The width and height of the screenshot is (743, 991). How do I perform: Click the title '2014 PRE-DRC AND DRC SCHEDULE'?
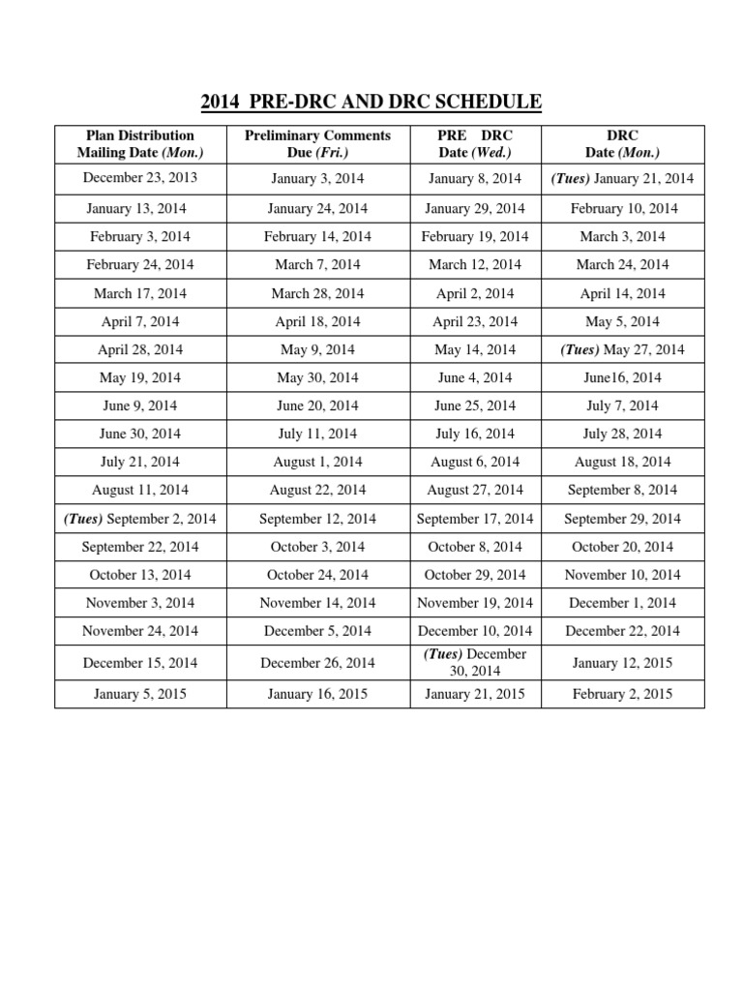tap(371, 102)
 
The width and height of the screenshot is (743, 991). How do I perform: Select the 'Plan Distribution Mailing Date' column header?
tap(140, 144)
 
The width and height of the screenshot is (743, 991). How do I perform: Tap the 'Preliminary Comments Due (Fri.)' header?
tap(317, 144)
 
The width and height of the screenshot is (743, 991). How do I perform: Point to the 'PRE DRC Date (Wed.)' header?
tap(475, 144)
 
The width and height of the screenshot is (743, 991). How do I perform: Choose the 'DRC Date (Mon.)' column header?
tap(623, 144)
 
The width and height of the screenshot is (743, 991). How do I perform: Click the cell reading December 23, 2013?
tap(140, 177)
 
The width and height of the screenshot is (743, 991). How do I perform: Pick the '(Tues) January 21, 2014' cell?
tap(623, 179)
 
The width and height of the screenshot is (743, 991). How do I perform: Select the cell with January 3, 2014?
tap(317, 179)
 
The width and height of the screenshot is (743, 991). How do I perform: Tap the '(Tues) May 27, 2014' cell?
tap(623, 349)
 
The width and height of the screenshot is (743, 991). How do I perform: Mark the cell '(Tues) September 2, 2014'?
tap(140, 519)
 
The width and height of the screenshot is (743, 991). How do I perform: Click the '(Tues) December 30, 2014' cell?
tap(475, 663)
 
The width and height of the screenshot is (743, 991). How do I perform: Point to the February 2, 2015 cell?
tap(623, 694)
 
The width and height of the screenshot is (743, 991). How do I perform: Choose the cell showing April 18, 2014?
tap(317, 321)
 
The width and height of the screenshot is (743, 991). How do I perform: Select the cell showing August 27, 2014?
tap(475, 491)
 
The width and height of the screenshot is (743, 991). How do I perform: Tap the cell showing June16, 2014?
tap(623, 377)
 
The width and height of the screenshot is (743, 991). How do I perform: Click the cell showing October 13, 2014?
tap(140, 575)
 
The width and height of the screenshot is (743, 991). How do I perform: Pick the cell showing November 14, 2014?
tap(317, 603)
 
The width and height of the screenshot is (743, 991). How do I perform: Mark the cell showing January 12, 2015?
tap(623, 663)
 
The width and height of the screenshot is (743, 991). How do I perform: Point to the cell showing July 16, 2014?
tap(475, 434)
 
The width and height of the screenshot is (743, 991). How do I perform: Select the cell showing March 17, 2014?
tap(140, 293)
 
